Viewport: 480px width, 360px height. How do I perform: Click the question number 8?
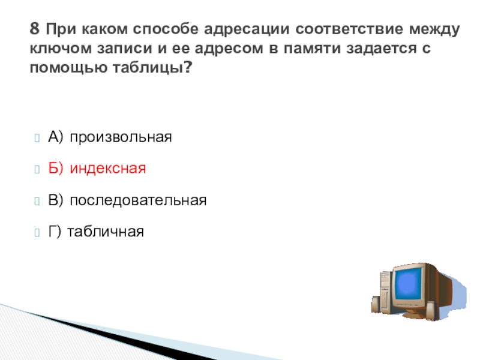[x=35, y=28]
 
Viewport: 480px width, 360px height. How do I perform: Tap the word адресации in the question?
[x=247, y=29]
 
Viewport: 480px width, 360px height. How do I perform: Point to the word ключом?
[x=61, y=48]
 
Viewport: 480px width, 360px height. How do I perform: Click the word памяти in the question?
[x=312, y=48]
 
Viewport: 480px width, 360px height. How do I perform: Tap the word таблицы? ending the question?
[x=152, y=68]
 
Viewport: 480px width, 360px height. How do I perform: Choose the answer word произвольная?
[x=121, y=137]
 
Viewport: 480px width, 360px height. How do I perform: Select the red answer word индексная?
[x=108, y=169]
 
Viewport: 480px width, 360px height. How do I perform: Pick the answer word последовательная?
[x=138, y=200]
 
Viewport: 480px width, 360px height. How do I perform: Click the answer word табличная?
[x=106, y=232]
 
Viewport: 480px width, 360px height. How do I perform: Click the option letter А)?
[x=55, y=137]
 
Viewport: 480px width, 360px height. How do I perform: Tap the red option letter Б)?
[x=55, y=168]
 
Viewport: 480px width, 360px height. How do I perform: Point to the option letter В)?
[x=55, y=200]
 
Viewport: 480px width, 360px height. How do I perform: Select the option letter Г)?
[x=55, y=232]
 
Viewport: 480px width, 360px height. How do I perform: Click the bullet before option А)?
[x=37, y=138]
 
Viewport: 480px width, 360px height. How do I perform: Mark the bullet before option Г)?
[x=37, y=233]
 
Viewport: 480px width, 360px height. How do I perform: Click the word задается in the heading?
[x=381, y=49]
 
